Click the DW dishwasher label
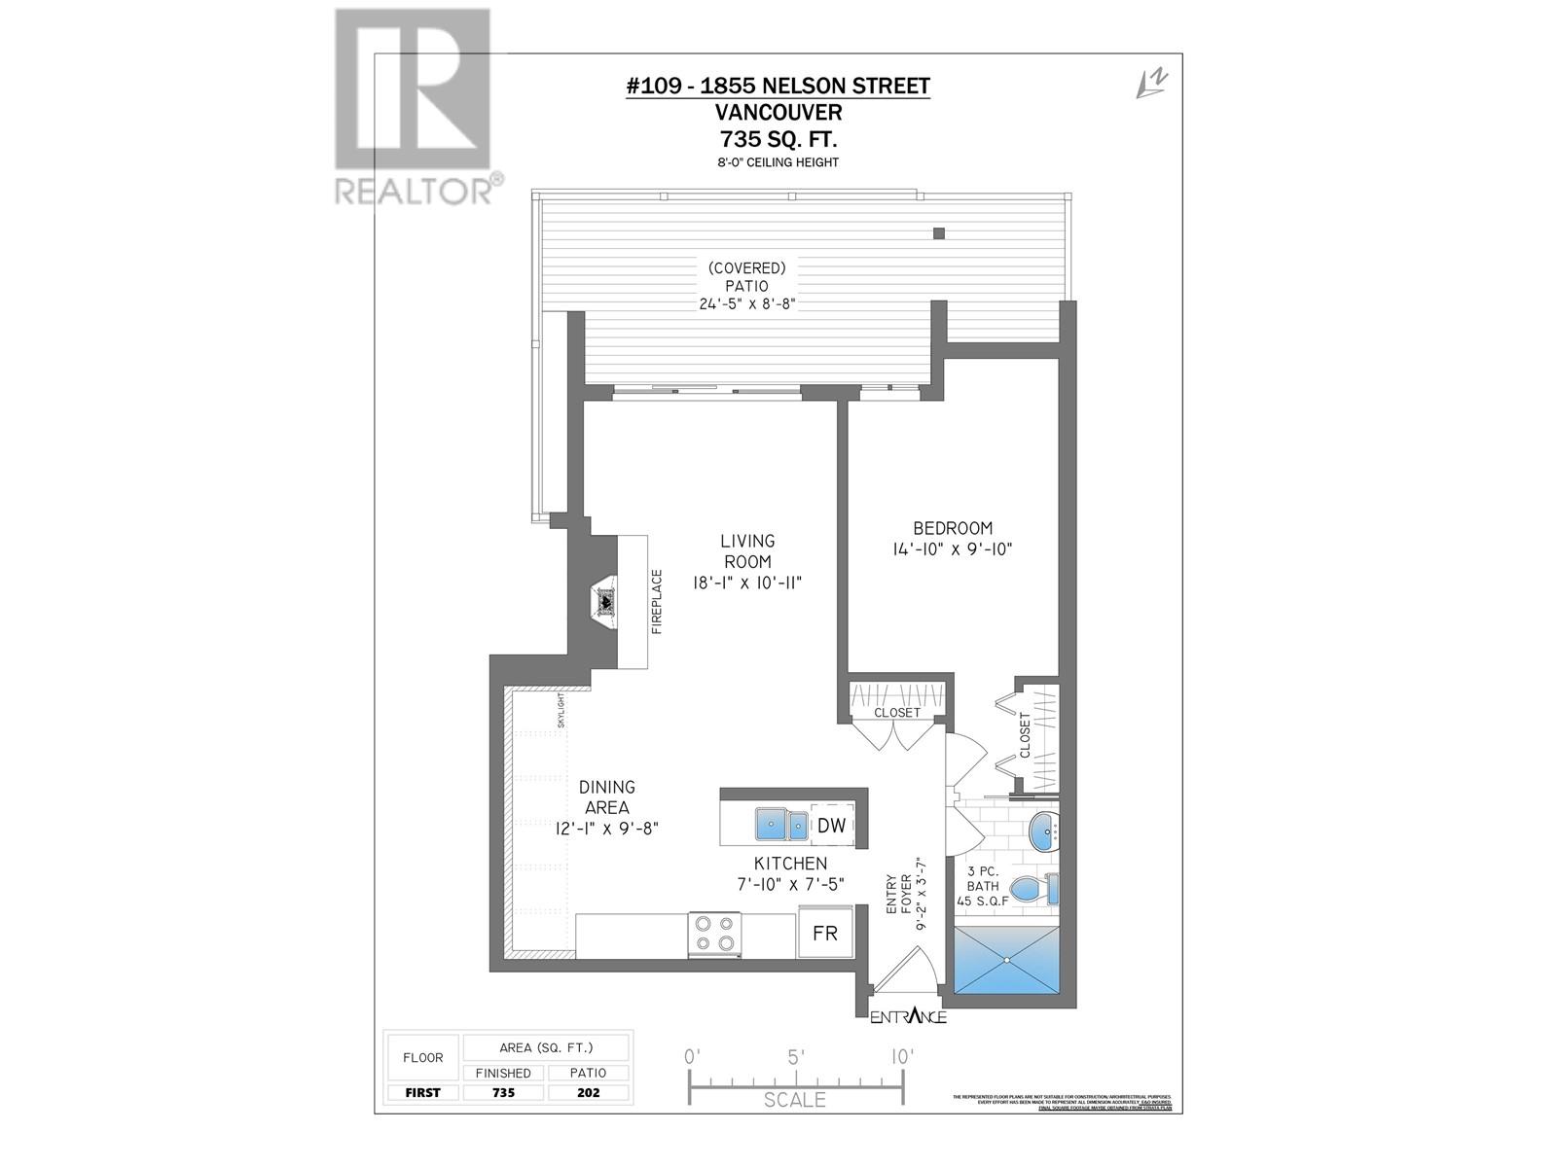click(x=831, y=826)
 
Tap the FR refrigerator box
click(x=825, y=933)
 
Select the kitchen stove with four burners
click(x=715, y=935)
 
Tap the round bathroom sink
click(x=1046, y=832)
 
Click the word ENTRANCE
click(x=908, y=1017)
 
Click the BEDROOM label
click(x=953, y=528)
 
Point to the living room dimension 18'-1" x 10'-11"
click(x=747, y=583)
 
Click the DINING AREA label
click(x=606, y=797)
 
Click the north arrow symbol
click(x=1152, y=85)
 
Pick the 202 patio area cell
click(x=588, y=1092)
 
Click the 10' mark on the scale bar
click(x=902, y=1057)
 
